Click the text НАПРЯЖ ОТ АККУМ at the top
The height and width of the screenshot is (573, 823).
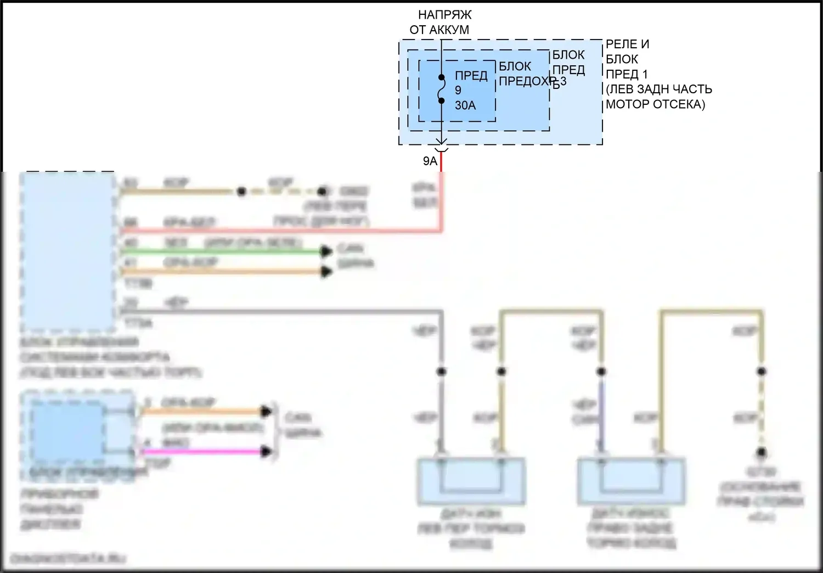coord(439,23)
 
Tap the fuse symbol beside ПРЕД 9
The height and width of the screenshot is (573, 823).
coord(441,89)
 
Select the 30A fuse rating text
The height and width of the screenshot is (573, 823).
coord(465,105)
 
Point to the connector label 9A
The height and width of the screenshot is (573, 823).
coord(430,161)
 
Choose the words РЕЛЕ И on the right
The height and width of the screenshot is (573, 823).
coord(628,44)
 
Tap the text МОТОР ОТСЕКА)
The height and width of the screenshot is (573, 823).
coord(655,104)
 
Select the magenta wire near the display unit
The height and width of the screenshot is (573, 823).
coord(203,452)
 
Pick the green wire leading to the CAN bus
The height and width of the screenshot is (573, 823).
coord(219,251)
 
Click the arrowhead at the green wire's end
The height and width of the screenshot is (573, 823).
coord(326,251)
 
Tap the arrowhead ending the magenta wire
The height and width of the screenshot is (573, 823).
coord(267,452)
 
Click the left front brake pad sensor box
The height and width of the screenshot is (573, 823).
coord(471,482)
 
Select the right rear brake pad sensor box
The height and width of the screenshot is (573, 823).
coord(631,482)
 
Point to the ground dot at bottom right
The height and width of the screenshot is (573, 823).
coord(762,453)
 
